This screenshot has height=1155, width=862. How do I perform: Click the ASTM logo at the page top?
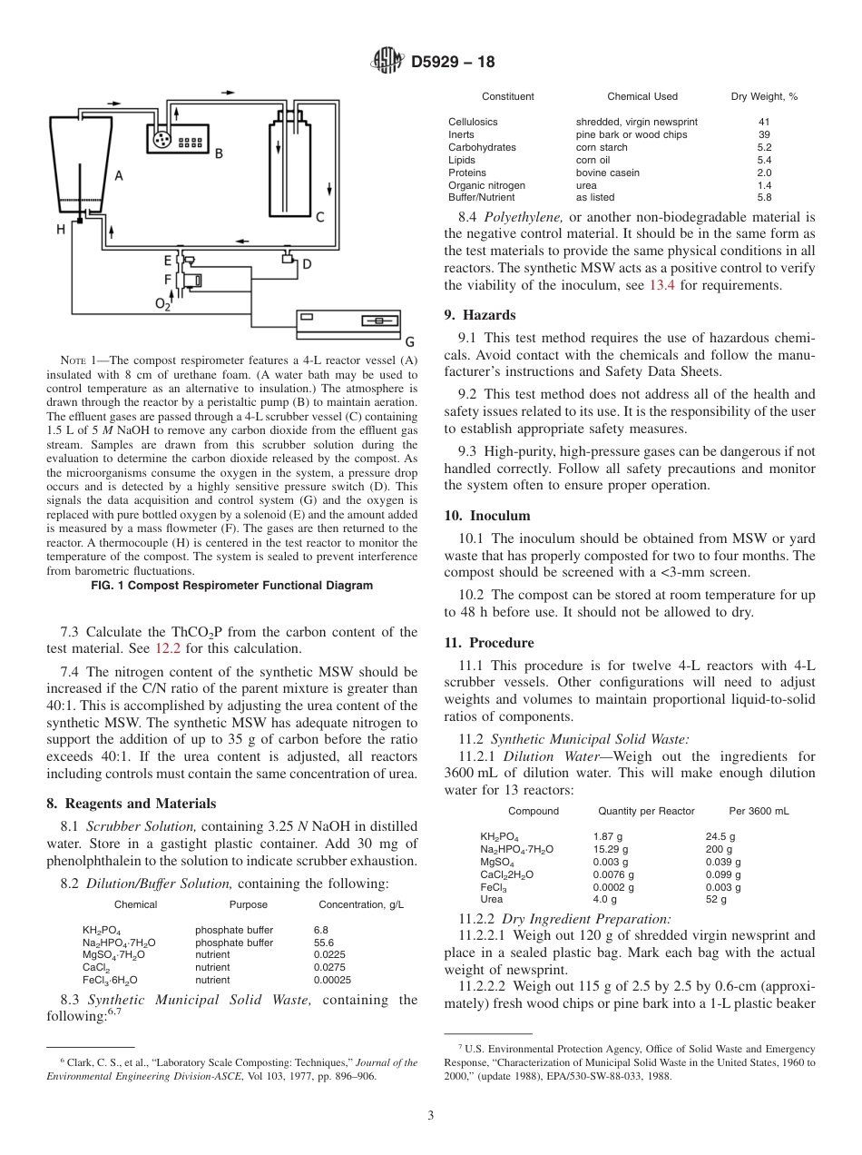pos(387,63)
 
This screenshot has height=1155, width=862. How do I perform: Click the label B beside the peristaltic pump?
pos(219,153)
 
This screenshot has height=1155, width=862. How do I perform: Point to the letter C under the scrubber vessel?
pos(319,218)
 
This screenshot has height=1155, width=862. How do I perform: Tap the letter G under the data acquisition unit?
pos(409,341)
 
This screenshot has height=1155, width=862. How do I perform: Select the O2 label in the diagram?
pos(162,304)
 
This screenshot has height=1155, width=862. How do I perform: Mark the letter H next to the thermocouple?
pos(61,230)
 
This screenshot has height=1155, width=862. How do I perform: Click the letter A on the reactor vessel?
pos(118,174)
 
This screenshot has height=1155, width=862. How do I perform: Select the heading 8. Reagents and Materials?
pos(132,804)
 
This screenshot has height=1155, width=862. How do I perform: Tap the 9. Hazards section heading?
pos(480,315)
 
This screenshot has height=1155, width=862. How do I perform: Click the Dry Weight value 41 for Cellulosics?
pos(764,122)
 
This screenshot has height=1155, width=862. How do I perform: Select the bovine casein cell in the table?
pos(607,173)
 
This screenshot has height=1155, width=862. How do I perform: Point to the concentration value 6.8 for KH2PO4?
pos(321,931)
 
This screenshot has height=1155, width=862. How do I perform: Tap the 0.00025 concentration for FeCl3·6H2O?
pos(333,980)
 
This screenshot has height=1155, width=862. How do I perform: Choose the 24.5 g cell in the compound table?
pos(720,836)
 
